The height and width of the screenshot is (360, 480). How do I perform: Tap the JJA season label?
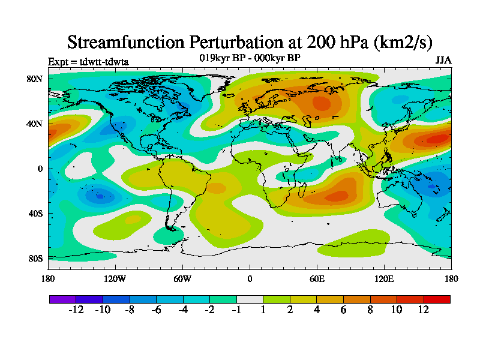click(x=443, y=61)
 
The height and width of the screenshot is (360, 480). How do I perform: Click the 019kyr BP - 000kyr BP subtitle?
click(x=250, y=58)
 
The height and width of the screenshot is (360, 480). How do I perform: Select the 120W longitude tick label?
click(x=115, y=278)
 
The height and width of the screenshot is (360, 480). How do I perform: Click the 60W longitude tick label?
click(x=182, y=278)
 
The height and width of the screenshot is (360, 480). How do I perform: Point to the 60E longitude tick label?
click(x=317, y=278)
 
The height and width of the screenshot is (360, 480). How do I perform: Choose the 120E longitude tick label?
click(x=384, y=278)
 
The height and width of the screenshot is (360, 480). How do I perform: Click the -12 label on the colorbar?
click(x=76, y=310)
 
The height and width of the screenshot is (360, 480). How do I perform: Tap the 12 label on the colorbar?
click(x=424, y=310)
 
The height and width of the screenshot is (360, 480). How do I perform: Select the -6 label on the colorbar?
click(x=156, y=310)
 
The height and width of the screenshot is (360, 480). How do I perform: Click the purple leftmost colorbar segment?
click(x=62, y=299)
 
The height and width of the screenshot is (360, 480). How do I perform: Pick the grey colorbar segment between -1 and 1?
click(x=250, y=299)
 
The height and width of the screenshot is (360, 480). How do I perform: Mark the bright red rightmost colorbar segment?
click(x=437, y=299)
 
